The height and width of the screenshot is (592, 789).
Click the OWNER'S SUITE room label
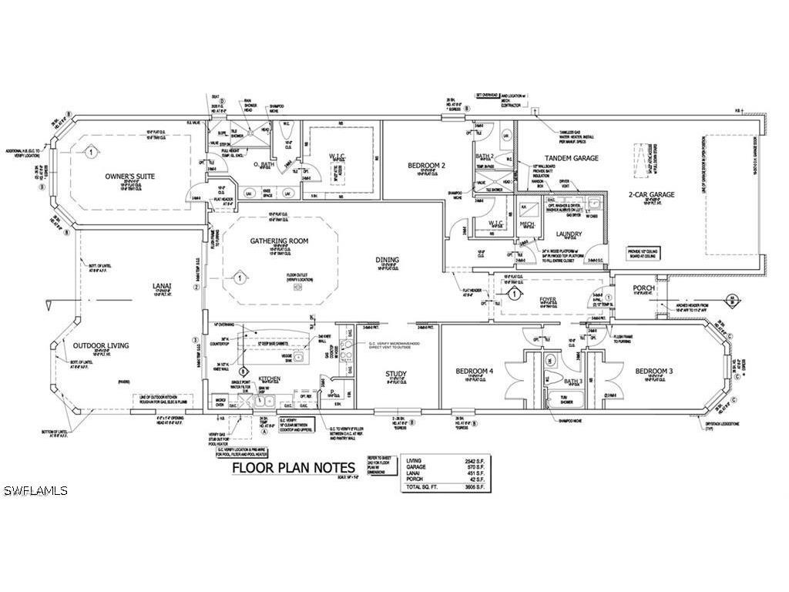tap(130, 177)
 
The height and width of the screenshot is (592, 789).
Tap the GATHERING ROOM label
tap(279, 241)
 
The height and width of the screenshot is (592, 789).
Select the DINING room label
tap(388, 261)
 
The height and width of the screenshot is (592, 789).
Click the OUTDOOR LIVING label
tap(102, 345)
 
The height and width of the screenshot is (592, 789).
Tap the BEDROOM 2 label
tap(428, 165)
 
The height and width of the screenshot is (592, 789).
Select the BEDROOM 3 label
tap(654, 372)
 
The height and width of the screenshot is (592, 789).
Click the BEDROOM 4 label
tap(474, 372)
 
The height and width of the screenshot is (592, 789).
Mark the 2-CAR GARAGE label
tap(652, 194)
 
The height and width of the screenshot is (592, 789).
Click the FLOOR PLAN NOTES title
tap(294, 468)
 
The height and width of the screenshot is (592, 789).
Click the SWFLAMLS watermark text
tap(35, 491)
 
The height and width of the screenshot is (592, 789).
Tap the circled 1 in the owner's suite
tap(91, 153)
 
